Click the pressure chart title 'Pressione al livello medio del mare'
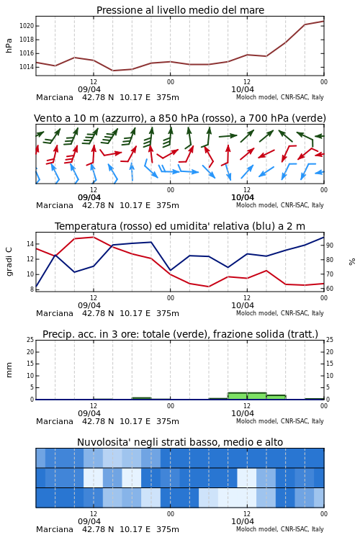[x=180, y=10]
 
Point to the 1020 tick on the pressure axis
[x=26, y=26]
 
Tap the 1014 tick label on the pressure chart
[x=26, y=67]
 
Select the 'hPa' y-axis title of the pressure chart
[x=9, y=45]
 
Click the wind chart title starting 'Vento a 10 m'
[x=180, y=118]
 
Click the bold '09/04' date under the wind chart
[x=89, y=197]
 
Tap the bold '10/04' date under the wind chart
[x=243, y=197]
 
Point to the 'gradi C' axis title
[x=9, y=261]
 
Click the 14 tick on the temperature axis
[x=30, y=244]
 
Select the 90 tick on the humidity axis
[x=330, y=246]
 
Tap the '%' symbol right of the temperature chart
[x=352, y=262]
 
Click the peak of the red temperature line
[x=94, y=237]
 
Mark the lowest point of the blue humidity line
[x=36, y=287]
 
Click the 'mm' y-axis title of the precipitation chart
[x=9, y=370]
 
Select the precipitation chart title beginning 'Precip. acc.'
[x=180, y=334]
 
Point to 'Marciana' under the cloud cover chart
[x=55, y=529]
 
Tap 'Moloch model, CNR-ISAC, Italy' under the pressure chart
[x=280, y=97]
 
